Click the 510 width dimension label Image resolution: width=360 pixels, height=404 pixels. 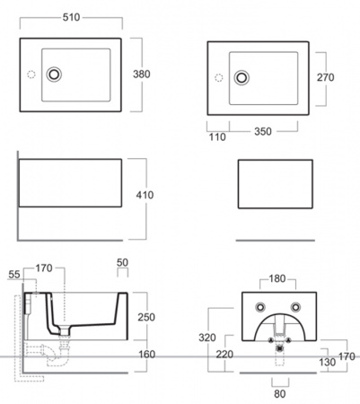click(x=71, y=17)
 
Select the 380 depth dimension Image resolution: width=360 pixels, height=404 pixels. click(x=142, y=74)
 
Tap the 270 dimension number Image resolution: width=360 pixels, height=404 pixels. click(x=326, y=77)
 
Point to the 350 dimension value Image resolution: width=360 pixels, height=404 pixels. click(x=263, y=131)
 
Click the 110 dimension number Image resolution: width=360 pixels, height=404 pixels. click(x=217, y=137)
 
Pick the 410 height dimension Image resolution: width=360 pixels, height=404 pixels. click(x=145, y=195)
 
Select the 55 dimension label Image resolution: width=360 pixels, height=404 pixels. click(x=14, y=275)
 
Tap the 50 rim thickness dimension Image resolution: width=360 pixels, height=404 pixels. click(x=122, y=262)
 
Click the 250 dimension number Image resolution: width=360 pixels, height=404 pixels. click(x=146, y=317)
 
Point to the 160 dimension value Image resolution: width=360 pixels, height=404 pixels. click(x=146, y=355)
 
